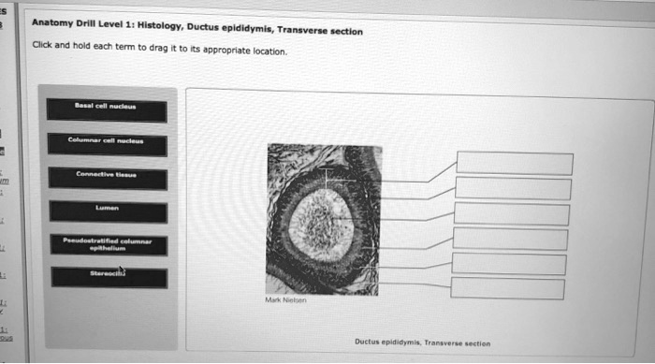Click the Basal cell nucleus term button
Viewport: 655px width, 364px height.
[x=108, y=109]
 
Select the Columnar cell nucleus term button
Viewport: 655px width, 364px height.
[x=109, y=143]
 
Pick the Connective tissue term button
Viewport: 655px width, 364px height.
[x=109, y=177]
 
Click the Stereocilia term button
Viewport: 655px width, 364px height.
[x=109, y=276]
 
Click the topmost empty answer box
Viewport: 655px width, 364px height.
[x=515, y=163]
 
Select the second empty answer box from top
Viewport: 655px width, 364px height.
[x=515, y=189]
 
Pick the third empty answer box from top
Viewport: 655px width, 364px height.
[x=513, y=214]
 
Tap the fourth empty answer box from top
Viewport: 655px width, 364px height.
[x=511, y=240]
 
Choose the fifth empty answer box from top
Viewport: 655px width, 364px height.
[x=510, y=265]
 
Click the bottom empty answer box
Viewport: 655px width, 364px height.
[x=508, y=289]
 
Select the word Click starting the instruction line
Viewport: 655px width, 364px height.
[x=41, y=45]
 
